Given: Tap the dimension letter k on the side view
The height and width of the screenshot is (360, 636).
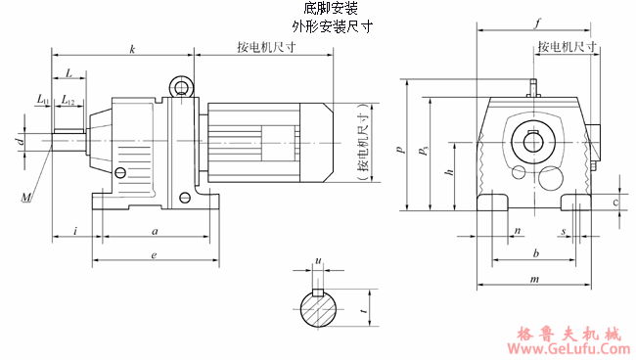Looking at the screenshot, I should click(131, 48).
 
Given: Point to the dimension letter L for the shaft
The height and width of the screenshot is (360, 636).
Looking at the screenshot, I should click(69, 72).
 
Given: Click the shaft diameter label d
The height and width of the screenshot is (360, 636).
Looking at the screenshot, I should click(20, 142).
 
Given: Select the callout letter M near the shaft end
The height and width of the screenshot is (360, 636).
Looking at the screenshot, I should click(26, 199).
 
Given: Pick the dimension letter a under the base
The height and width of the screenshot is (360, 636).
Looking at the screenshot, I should click(154, 231).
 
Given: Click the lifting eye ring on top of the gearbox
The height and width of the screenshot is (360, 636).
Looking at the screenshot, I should click(182, 88).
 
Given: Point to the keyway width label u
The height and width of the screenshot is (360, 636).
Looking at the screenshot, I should click(317, 261).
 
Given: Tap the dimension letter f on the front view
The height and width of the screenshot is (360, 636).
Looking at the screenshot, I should click(538, 22).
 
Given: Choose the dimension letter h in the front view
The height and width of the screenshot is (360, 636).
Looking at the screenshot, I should click(448, 172).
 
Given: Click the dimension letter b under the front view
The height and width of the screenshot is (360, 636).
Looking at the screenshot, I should click(534, 253).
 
